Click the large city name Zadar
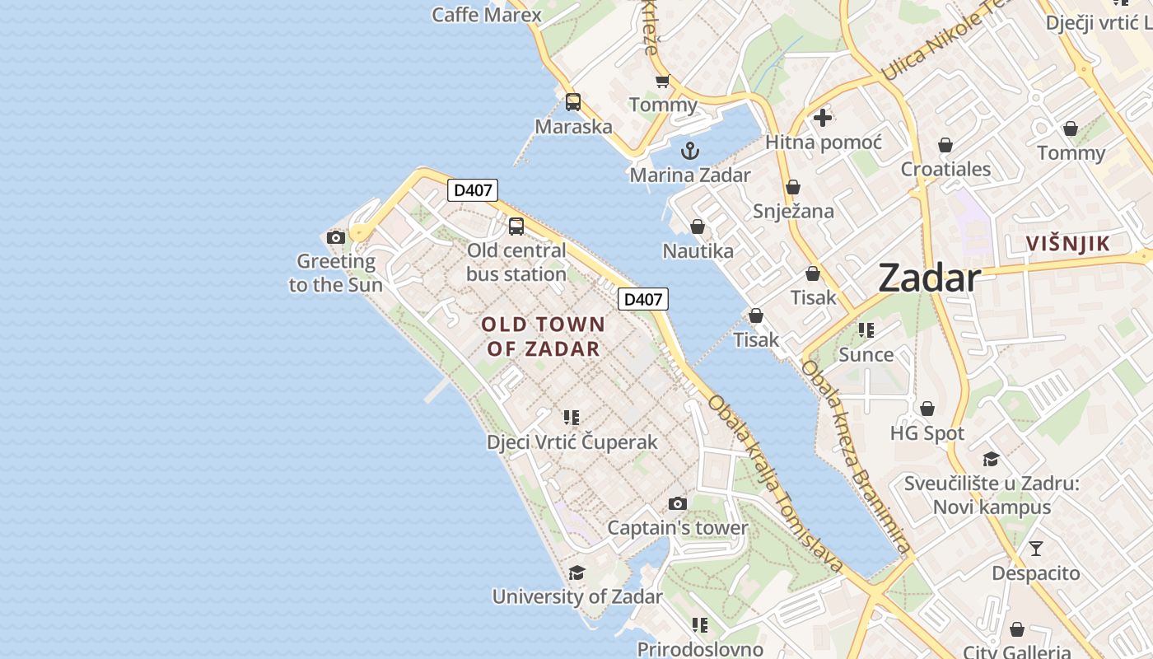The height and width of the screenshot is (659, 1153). (929, 278)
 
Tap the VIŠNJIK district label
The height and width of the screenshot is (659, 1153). (1068, 244)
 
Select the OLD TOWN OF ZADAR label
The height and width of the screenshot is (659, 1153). (544, 336)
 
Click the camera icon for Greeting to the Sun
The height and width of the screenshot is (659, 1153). (336, 238)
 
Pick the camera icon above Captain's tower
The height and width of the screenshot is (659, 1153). (677, 503)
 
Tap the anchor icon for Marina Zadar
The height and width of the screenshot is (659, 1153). (689, 151)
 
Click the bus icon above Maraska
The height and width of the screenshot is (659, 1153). (573, 102)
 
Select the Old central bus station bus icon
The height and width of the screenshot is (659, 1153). (516, 227)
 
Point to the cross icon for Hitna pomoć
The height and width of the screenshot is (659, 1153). (822, 118)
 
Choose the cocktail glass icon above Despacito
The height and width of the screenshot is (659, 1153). (1036, 548)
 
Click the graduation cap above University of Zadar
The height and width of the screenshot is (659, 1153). (576, 573)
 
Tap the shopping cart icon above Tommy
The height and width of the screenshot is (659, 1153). (662, 81)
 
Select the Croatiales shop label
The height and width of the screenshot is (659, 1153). (945, 169)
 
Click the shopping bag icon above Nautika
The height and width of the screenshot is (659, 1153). (698, 227)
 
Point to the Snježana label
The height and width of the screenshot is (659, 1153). (793, 211)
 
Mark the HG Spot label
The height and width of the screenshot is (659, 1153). (927, 433)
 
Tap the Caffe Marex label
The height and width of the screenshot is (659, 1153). (487, 15)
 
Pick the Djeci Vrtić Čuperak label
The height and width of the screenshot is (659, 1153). (572, 442)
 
